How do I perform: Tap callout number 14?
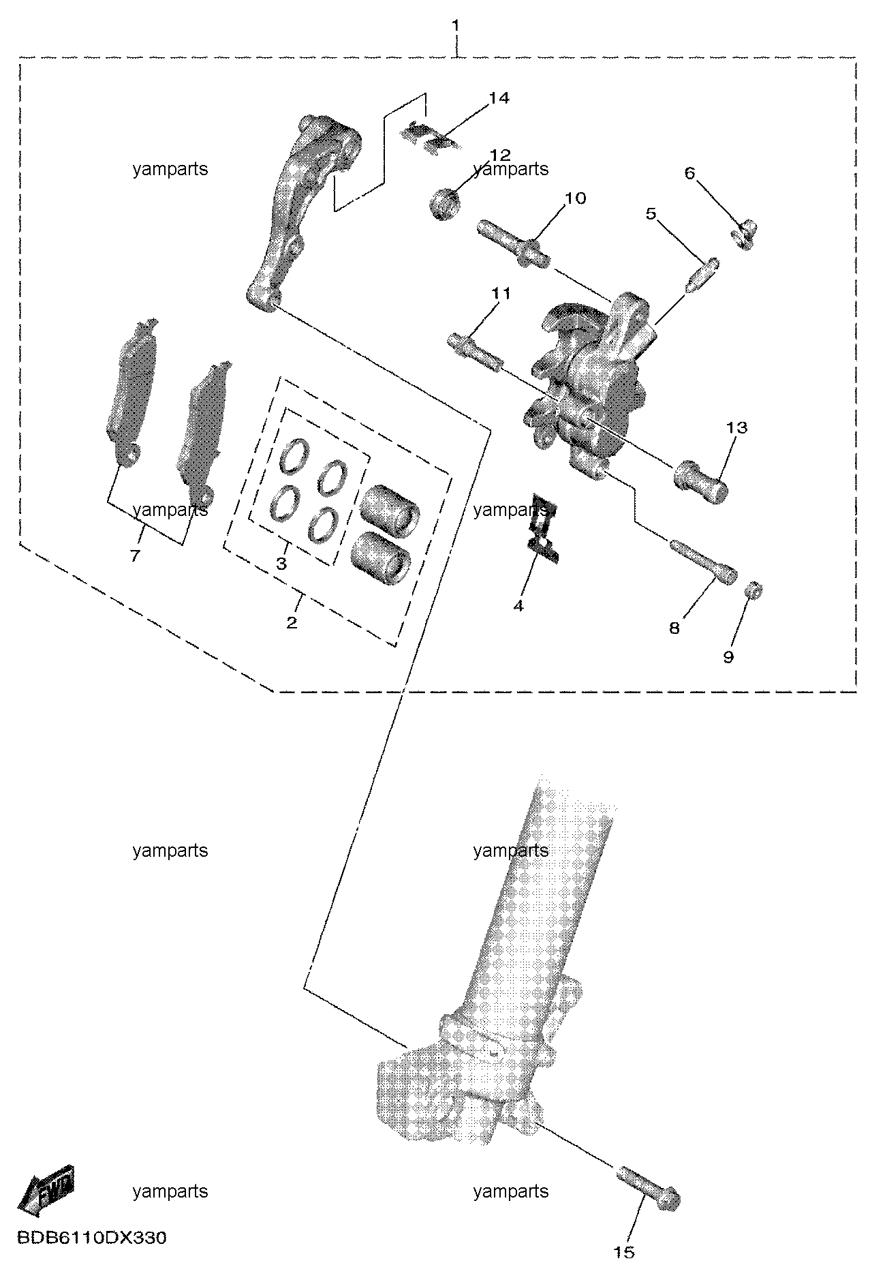pos(499,98)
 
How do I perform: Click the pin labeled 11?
pos(476,350)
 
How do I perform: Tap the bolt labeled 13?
pos(701,482)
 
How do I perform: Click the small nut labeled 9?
pos(753,590)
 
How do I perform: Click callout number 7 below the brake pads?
pos(135,556)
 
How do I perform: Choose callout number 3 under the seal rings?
pos(281,564)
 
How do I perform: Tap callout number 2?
pos(292,622)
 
